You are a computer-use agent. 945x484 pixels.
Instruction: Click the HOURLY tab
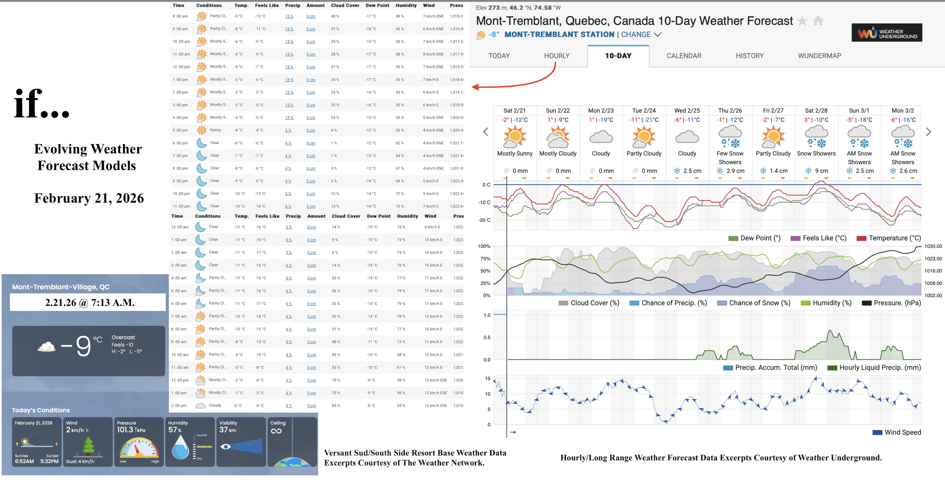556,56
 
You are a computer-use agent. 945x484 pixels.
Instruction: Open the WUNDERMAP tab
819,56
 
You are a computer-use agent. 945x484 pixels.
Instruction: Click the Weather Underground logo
886,33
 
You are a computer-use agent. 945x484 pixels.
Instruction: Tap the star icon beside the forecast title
802,21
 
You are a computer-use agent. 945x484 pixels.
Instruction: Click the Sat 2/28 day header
816,111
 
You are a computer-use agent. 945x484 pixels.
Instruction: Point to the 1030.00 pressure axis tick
933,246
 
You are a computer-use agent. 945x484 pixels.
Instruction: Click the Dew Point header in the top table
377,6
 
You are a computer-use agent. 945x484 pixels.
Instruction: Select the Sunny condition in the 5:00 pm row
215,130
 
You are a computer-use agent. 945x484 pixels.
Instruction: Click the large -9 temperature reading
77,346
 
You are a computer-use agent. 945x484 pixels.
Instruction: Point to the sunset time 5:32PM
49,461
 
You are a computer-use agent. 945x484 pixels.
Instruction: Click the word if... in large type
41,105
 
